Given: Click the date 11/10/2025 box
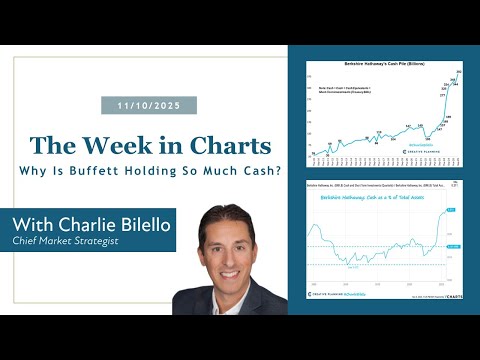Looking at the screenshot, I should [x=149, y=105].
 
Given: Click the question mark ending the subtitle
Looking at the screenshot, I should [x=257, y=169].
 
